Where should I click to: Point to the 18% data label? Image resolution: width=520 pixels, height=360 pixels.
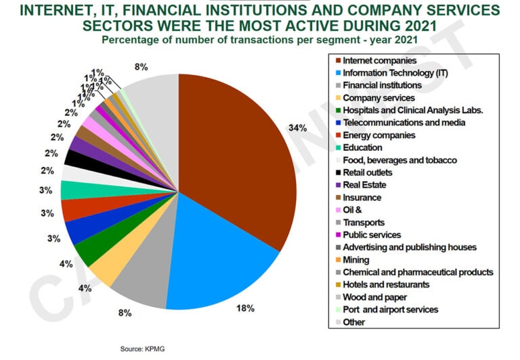point(244,309)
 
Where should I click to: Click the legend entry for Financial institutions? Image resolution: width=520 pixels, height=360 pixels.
point(383,85)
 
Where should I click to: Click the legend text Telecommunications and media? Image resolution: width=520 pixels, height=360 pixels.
point(404,122)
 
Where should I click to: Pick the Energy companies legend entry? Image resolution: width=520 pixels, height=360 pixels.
point(375,135)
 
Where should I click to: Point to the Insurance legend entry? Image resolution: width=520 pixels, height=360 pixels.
point(362,197)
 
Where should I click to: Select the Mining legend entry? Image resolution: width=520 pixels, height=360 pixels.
point(356,259)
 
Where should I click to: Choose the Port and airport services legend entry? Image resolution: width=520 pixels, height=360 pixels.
point(391,309)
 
